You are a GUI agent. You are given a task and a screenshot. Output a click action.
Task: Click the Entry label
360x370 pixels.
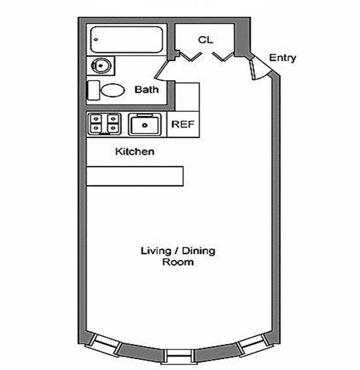[283, 58]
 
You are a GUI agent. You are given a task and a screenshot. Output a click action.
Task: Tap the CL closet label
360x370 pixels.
[205, 40]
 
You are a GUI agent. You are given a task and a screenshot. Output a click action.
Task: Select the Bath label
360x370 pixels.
[147, 90]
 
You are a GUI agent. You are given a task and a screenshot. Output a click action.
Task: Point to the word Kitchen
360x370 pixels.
[135, 152]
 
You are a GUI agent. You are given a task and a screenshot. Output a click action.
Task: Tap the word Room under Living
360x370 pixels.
[178, 262]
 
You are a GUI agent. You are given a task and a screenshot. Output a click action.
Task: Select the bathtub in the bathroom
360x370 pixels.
[126, 40]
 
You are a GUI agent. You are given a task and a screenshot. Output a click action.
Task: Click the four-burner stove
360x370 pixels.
[104, 123]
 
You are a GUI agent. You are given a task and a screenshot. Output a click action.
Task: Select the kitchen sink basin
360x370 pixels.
[144, 124]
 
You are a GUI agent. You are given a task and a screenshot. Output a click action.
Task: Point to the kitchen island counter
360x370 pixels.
[135, 176]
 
